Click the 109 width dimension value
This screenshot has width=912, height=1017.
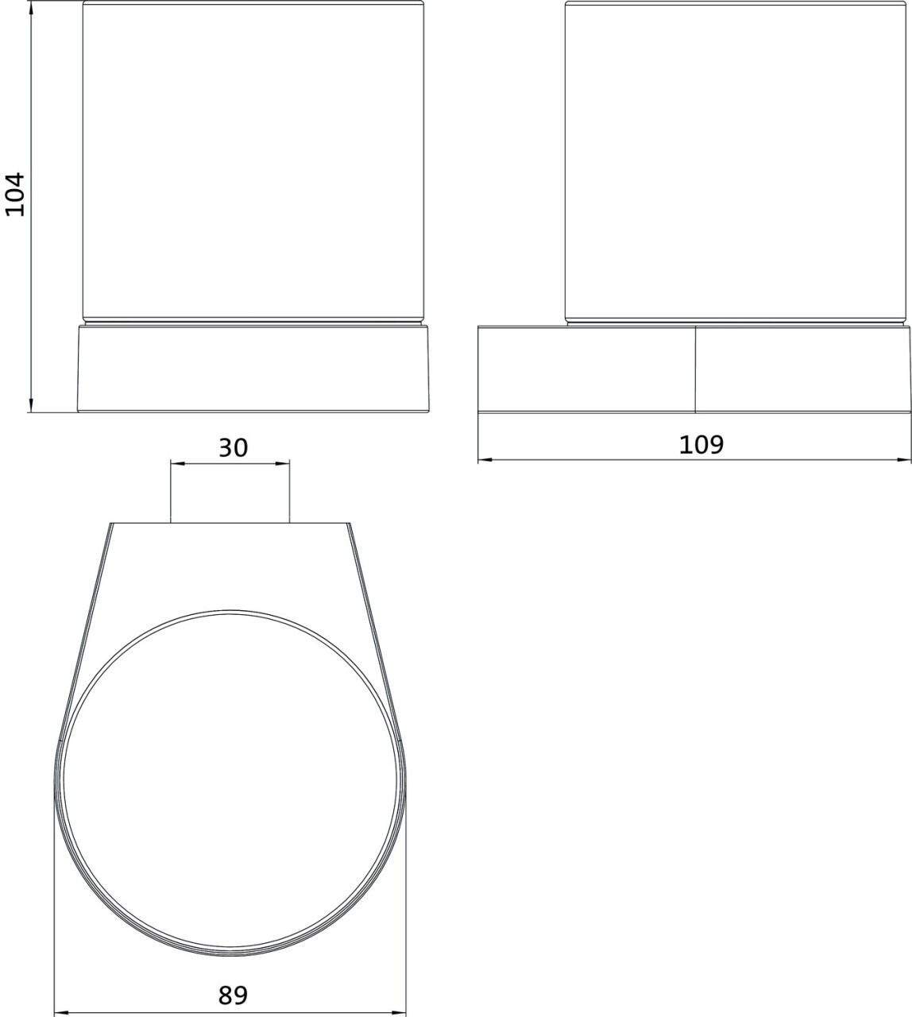701,444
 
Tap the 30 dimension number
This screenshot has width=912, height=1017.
234,447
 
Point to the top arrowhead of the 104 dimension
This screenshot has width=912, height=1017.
31,9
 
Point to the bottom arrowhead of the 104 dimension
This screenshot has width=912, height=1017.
31,404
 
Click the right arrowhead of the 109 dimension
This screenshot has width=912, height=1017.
902,459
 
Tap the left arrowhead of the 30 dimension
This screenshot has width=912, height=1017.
179,464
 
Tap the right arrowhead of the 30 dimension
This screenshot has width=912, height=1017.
281,464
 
